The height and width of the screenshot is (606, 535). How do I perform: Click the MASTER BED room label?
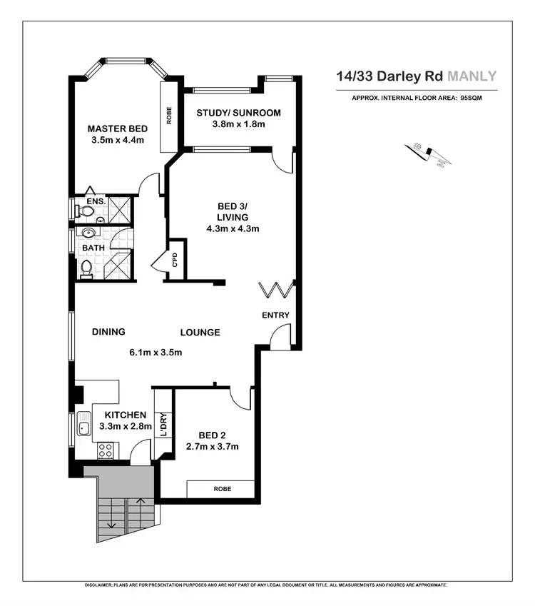pos(118,128)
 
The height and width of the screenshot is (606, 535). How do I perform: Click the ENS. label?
pos(96,202)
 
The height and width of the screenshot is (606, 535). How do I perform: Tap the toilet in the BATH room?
pos(86,269)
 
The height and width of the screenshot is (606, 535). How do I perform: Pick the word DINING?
pos(108,332)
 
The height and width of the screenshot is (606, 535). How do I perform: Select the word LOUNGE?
pos(200,333)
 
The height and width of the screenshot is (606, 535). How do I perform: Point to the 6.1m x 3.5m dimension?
pos(156,352)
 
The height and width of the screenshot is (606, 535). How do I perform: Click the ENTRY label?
pos(275,315)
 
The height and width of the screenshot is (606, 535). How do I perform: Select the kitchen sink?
pos(83,428)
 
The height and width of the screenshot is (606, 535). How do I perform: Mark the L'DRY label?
pos(164,425)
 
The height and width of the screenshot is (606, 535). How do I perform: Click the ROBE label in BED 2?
pos(220,490)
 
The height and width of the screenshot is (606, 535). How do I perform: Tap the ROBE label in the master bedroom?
pos(169,116)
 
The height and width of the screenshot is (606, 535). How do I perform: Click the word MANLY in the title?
pos(472,76)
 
